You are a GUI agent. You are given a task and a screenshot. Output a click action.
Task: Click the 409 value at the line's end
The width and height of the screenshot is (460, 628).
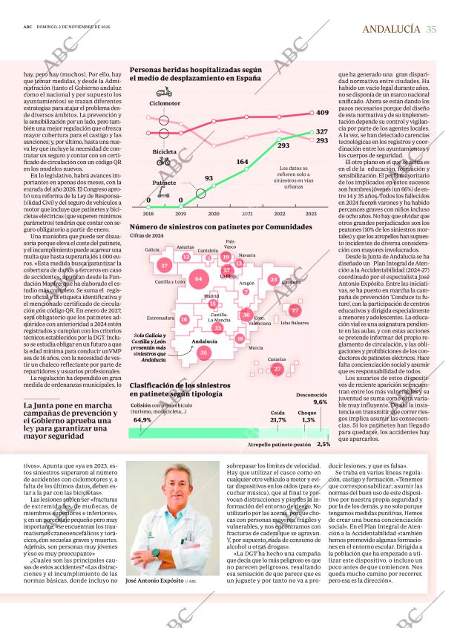pyautogui.click(x=322, y=113)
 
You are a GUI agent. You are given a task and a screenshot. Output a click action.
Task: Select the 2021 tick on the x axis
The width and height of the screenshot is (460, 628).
pyautogui.click(x=247, y=213)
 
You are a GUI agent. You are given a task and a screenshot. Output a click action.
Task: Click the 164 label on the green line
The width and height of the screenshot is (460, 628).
pyautogui.click(x=243, y=161)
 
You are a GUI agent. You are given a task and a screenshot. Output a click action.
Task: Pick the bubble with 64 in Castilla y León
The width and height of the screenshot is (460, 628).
pyautogui.click(x=197, y=279)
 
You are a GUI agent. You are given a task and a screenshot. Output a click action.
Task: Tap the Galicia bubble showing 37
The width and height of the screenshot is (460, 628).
pyautogui.click(x=164, y=264)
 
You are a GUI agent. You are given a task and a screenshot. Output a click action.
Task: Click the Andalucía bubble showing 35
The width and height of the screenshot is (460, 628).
pyautogui.click(x=203, y=353)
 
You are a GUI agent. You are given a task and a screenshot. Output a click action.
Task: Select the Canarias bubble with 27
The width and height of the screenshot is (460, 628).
pyautogui.click(x=277, y=368)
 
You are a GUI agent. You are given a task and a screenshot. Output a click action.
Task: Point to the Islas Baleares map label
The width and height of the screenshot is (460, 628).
pyautogui.click(x=295, y=324)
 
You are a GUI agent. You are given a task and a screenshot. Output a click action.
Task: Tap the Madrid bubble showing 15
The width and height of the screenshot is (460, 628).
pyautogui.click(x=213, y=303)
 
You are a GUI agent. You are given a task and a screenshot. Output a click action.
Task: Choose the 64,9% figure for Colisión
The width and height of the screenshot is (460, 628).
pyautogui.click(x=142, y=419)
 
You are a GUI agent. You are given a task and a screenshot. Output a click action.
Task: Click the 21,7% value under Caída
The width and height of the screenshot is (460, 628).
pyautogui.click(x=278, y=419)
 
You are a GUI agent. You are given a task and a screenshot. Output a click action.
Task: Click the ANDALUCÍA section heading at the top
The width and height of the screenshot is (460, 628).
pyautogui.click(x=392, y=29)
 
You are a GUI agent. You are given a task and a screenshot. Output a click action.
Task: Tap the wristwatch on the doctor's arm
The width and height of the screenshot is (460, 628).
pyautogui.click(x=155, y=552)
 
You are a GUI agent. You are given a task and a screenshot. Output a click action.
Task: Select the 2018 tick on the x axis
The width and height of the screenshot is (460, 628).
pyautogui.click(x=138, y=213)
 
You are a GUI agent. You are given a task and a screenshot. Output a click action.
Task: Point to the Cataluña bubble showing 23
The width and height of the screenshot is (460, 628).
pyautogui.click(x=274, y=279)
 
